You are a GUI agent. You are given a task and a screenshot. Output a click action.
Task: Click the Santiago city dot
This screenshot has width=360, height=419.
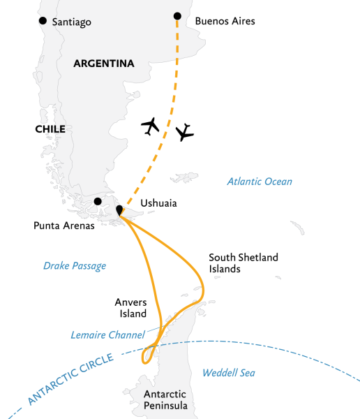pos(44,22)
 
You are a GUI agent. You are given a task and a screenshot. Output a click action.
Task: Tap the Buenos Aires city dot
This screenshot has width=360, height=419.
pos(177,16)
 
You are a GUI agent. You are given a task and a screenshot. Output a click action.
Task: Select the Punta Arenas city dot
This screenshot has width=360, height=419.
pos(98,202)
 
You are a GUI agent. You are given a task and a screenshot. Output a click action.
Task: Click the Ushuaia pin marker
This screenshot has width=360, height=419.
pos(119,209)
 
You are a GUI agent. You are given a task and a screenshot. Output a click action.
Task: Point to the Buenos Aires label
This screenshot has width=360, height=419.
pos(225,22)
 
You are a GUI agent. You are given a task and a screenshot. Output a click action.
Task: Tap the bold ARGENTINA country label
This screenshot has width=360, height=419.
pos(103,64)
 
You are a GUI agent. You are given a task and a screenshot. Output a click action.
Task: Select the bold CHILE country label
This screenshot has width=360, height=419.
pos(50,129)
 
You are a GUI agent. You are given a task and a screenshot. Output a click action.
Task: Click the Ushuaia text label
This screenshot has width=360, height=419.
pos(159,204)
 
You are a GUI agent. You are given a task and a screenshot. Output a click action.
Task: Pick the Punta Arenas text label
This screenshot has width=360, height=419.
pos(63,226)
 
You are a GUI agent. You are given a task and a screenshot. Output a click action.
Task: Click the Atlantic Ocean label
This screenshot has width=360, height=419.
pos(260,182)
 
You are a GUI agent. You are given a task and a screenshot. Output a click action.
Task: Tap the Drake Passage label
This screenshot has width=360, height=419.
pos(75,266)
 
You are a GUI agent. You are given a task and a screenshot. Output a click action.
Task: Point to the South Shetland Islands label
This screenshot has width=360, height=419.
pos(243,263)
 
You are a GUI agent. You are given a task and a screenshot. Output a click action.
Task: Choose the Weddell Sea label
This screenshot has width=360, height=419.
pos(228,373)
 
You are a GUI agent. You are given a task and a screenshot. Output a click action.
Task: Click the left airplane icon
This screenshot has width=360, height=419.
pos(150,126)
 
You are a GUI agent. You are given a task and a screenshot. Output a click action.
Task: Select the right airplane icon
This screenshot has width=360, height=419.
pos(185,131)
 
